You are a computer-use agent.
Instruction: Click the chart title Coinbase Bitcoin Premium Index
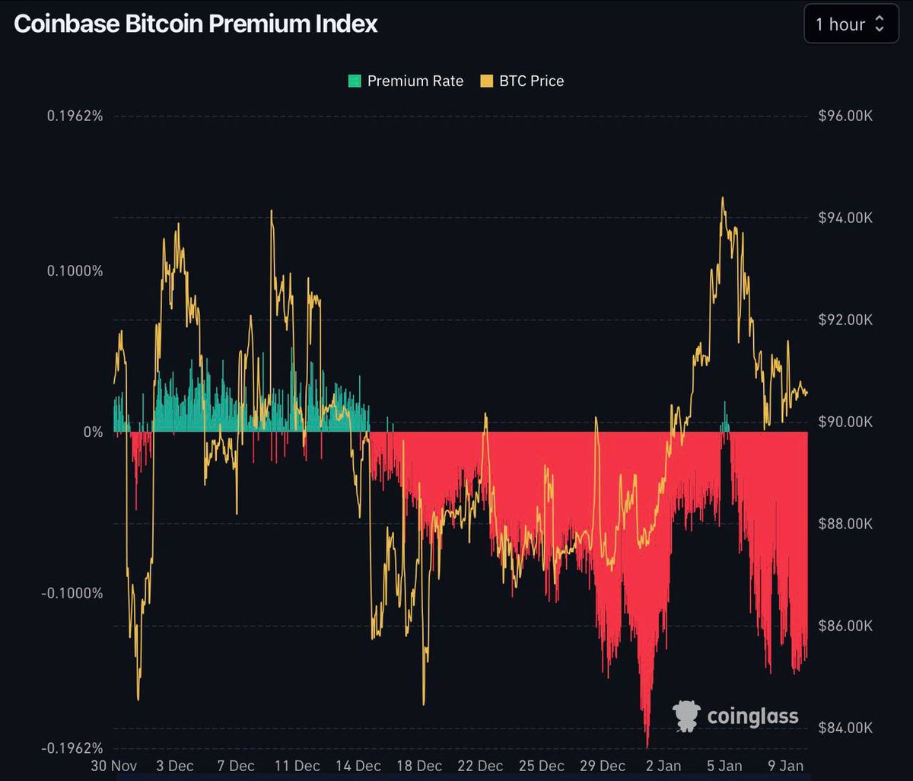point(196,24)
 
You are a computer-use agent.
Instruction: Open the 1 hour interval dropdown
point(851,24)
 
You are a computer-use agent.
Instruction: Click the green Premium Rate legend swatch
point(355,81)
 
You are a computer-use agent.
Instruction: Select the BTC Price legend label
point(531,81)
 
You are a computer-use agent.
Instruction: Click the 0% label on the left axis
point(92,432)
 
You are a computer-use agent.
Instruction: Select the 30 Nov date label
point(114,766)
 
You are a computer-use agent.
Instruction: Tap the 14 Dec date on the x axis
point(358,766)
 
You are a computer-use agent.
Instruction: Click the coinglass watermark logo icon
point(686,716)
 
